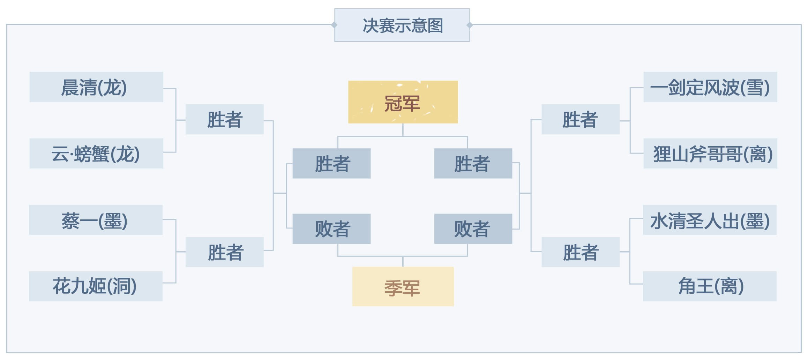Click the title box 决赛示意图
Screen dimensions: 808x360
pos(402,25)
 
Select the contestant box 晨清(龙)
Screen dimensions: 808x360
pos(96,87)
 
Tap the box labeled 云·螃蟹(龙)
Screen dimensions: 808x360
pos(96,153)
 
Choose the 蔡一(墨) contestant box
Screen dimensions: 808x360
pos(96,220)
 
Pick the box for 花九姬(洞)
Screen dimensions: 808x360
pos(96,286)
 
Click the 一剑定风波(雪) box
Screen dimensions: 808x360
pos(710,87)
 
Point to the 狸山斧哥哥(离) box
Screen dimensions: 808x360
pos(710,153)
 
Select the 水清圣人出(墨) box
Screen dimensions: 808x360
pos(710,220)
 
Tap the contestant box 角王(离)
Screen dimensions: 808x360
pos(710,286)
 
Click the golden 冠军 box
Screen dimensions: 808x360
pos(403,102)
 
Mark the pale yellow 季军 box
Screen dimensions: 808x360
pos(403,286)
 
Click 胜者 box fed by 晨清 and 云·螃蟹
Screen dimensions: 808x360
pos(225,119)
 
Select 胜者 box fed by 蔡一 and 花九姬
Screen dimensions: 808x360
pos(225,252)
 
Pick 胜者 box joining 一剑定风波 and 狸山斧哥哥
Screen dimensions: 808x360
pos(581,119)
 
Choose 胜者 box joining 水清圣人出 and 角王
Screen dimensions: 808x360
pos(581,252)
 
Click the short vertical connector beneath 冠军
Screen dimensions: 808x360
pos(403,130)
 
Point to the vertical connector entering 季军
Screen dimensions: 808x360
pos(403,262)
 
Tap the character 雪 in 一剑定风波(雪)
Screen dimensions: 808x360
pos(755,87)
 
